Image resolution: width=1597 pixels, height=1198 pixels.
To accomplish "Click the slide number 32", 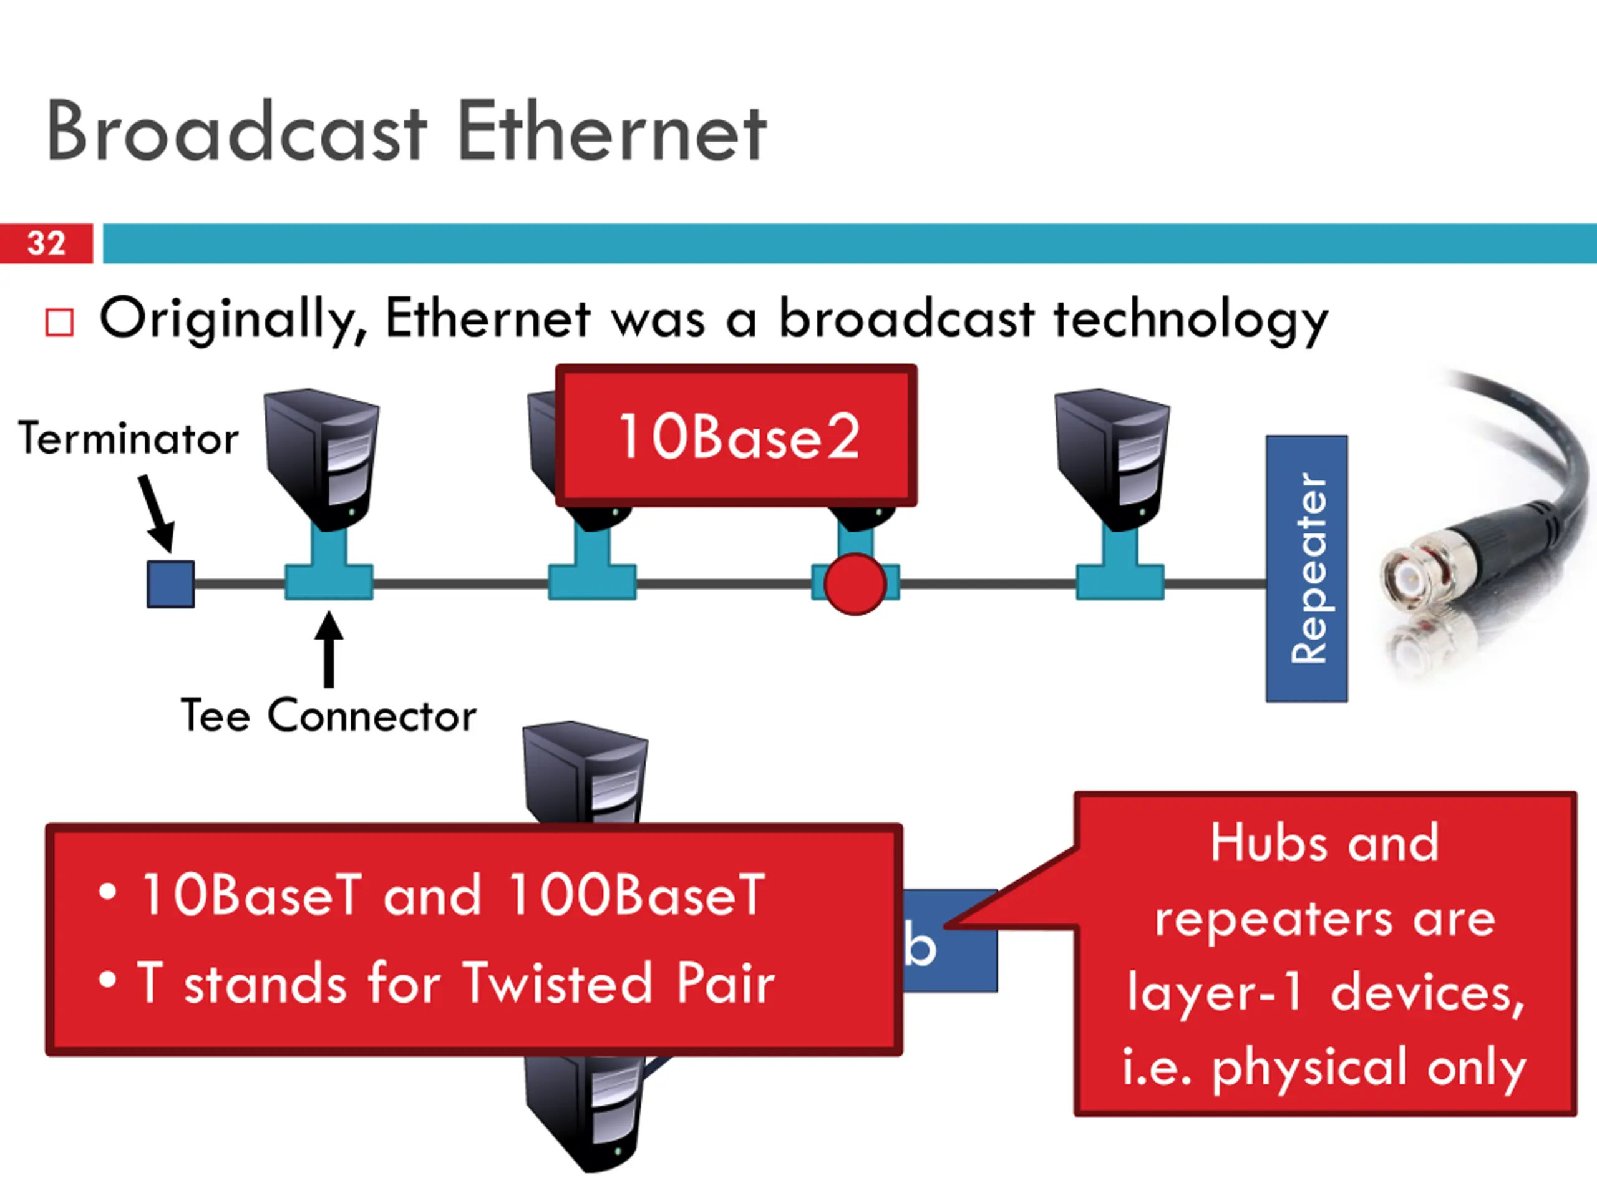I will click(x=46, y=243).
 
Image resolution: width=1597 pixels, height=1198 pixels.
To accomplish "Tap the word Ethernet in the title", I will click(x=611, y=133).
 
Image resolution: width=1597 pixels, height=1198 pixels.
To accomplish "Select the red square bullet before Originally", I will click(x=59, y=323).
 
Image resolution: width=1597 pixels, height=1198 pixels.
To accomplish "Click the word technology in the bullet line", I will click(x=1190, y=319).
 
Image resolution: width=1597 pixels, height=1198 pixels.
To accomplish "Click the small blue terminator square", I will click(x=170, y=583).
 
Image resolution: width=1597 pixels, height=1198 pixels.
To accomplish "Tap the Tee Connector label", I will click(x=329, y=716).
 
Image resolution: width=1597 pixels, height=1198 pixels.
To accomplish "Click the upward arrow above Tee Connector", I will click(x=329, y=650).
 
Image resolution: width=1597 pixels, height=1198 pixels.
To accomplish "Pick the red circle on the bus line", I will click(x=855, y=584).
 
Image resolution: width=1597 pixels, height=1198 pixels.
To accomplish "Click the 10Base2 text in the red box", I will click(x=739, y=436).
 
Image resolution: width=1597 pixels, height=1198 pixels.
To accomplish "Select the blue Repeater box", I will click(x=1306, y=568).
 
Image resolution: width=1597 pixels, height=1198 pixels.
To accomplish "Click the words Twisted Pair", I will click(x=618, y=983).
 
